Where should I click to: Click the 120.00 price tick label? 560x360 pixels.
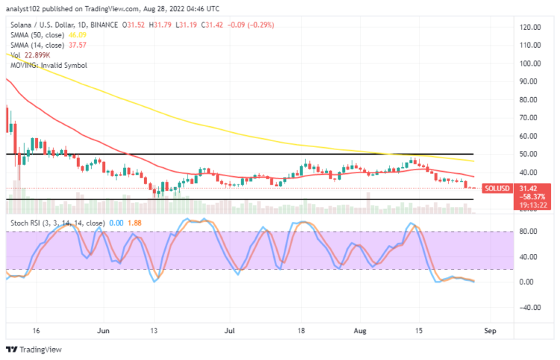[530, 27]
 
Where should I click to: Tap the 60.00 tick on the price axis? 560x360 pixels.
[530, 135]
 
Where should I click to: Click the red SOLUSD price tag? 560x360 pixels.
[497, 188]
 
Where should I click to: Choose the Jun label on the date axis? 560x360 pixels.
[104, 329]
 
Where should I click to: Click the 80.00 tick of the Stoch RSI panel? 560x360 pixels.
[529, 232]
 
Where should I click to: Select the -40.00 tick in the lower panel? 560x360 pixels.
[529, 307]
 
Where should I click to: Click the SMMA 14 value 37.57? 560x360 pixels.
[77, 43]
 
